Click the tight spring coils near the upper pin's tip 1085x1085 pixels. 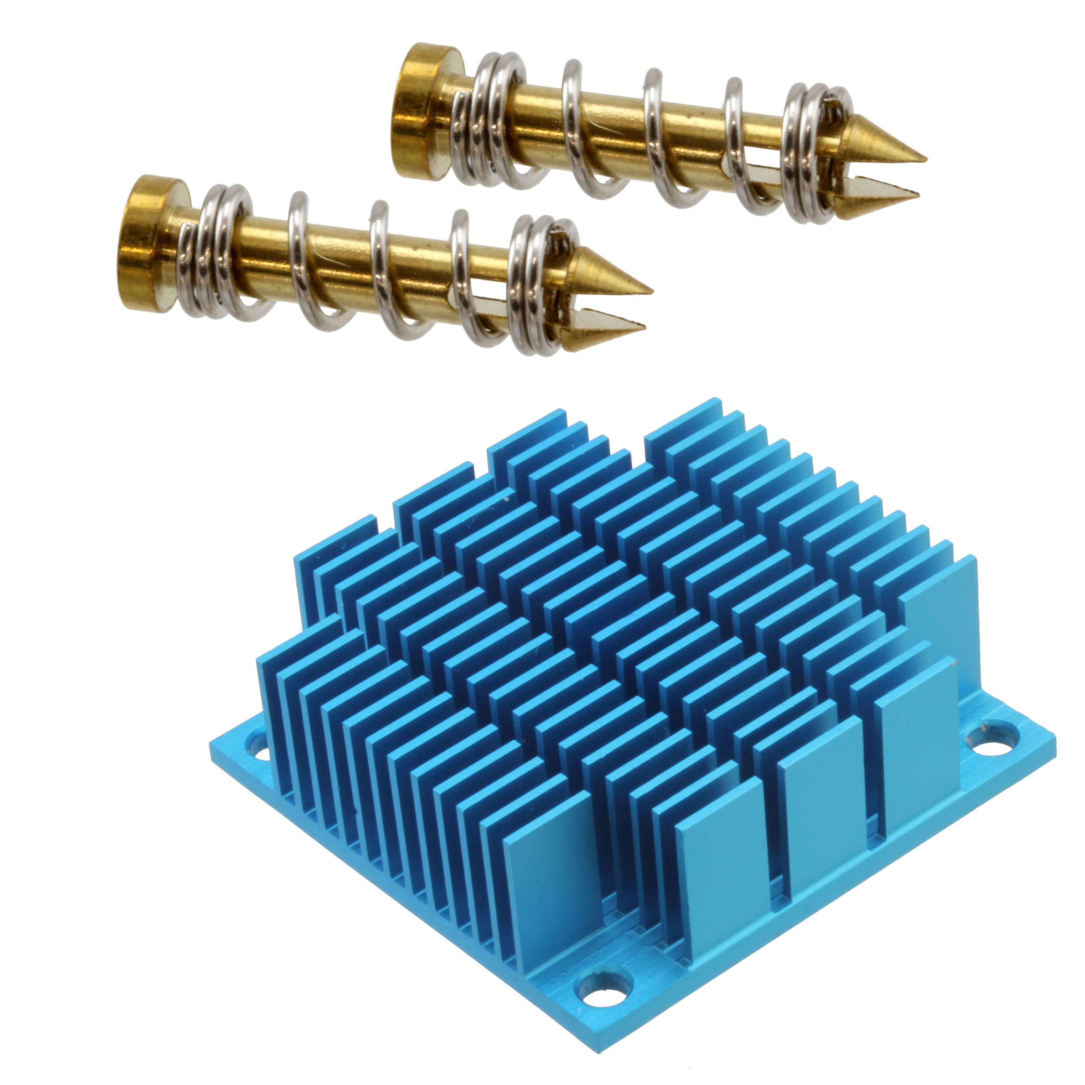[x=809, y=152]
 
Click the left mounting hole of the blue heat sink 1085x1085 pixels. [x=260, y=750]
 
